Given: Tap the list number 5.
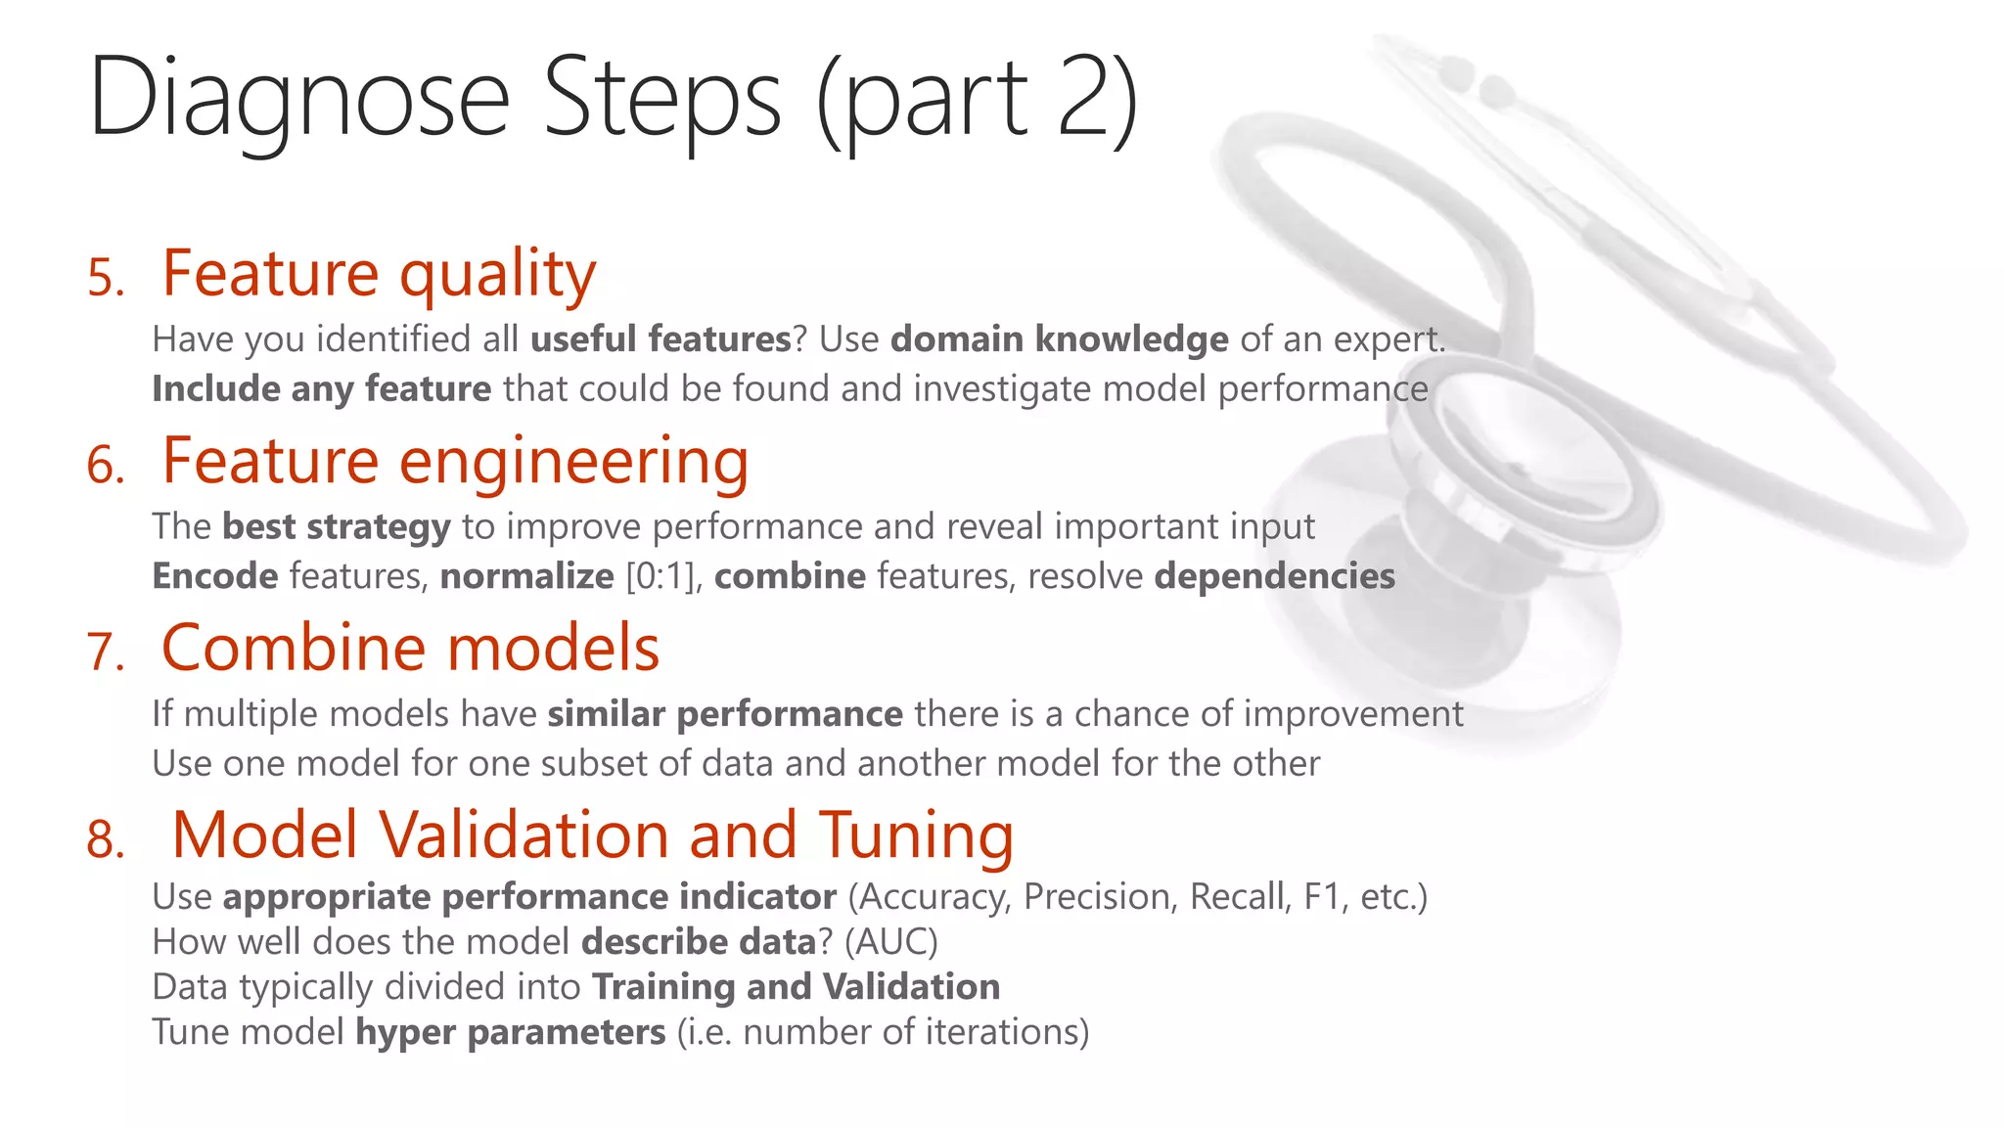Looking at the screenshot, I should pyautogui.click(x=106, y=278).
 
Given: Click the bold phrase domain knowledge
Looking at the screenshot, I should pyautogui.click(x=1059, y=339).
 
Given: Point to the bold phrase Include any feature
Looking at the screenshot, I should pyautogui.click(x=321, y=389).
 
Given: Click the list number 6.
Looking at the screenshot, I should pyautogui.click(x=106, y=466).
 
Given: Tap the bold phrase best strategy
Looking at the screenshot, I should pyautogui.click(x=336, y=526).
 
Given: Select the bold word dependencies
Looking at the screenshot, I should pyautogui.click(x=1274, y=576).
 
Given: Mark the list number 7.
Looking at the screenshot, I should pyautogui.click(x=106, y=653).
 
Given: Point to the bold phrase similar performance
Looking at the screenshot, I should pyautogui.click(x=724, y=714).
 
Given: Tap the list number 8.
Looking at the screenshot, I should pyautogui.click(x=106, y=840).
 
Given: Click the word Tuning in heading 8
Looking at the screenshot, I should pyautogui.click(x=916, y=835).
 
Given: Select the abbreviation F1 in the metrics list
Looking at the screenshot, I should pyautogui.click(x=1321, y=897).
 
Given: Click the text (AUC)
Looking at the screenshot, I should pyautogui.click(x=890, y=942).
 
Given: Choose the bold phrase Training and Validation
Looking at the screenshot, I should pyautogui.click(x=796, y=987).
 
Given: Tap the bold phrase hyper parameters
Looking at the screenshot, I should pyautogui.click(x=510, y=1033).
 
